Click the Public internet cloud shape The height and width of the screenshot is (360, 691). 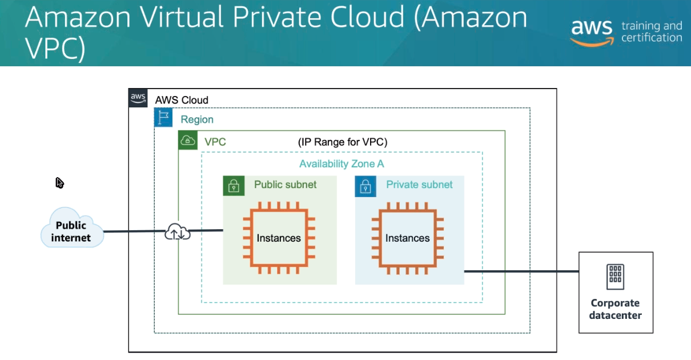(x=72, y=229)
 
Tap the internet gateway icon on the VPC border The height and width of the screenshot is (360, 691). (x=178, y=231)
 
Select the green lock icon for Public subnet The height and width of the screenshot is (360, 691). (x=234, y=186)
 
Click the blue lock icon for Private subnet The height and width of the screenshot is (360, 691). (x=365, y=186)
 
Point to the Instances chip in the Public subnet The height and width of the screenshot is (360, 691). (x=279, y=238)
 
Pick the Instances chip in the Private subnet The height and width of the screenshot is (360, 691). (x=407, y=238)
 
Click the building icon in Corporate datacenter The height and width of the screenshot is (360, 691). (x=615, y=277)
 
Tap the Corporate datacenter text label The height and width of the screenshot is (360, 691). (x=616, y=309)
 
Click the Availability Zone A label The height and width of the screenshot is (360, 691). (x=342, y=164)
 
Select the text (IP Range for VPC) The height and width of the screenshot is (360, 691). (x=343, y=142)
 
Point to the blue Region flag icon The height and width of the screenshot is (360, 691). (x=163, y=118)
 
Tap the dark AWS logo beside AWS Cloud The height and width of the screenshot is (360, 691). (x=138, y=97)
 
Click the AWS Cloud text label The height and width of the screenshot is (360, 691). (x=182, y=100)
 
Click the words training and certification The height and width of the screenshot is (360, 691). (x=652, y=32)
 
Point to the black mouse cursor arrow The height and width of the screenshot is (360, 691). (x=59, y=183)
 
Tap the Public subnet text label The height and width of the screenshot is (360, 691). (x=285, y=185)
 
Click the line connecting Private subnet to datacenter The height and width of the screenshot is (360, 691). (x=520, y=272)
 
